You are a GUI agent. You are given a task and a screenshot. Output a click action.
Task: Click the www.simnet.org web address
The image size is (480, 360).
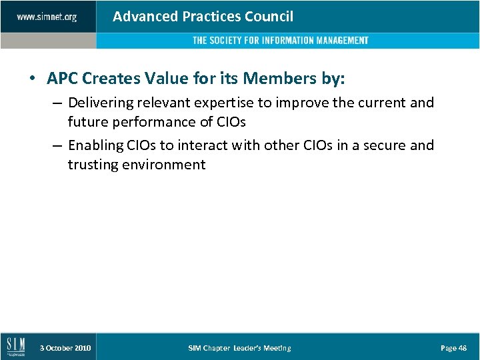(47, 17)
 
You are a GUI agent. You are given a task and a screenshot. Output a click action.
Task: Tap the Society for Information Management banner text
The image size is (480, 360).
(280, 41)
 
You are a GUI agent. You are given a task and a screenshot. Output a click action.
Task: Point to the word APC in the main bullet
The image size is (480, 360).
(62, 79)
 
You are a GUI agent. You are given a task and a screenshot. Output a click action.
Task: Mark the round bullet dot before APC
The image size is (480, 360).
(33, 79)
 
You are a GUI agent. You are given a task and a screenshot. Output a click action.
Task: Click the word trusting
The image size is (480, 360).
(92, 165)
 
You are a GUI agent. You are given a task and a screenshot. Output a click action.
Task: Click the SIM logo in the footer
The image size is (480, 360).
(15, 347)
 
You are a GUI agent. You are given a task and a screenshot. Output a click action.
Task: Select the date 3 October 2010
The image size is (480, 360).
(65, 348)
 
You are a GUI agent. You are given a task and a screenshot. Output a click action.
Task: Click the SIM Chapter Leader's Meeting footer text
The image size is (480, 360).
(239, 348)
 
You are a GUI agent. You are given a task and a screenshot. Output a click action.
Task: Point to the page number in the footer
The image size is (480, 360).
(454, 348)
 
